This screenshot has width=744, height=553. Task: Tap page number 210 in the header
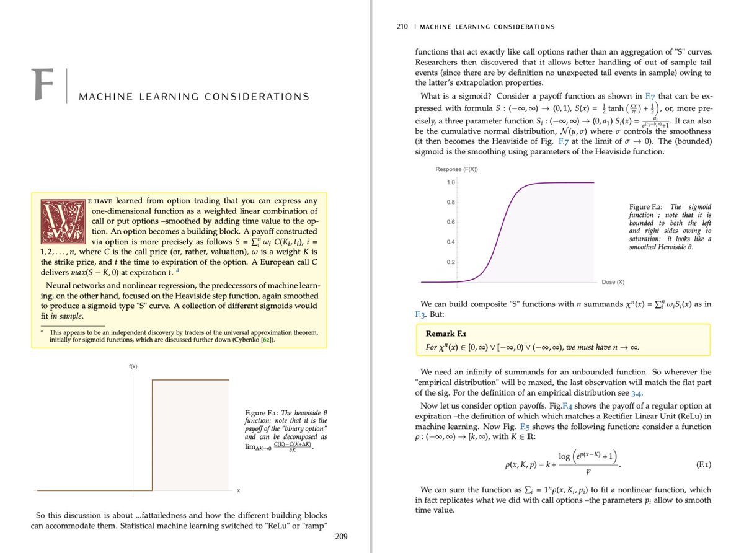[x=402, y=27]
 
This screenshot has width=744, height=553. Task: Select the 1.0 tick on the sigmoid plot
[x=451, y=182]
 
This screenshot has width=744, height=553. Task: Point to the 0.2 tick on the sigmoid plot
[x=451, y=262]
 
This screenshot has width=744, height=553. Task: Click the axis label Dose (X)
[x=613, y=282]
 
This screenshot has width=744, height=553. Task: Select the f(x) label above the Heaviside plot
[x=133, y=366]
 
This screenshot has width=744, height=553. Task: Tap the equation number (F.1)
[x=700, y=463]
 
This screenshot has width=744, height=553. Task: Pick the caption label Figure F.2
[x=649, y=206]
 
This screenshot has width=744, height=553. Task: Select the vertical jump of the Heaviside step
[x=153, y=434]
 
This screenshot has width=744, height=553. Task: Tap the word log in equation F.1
[x=565, y=456]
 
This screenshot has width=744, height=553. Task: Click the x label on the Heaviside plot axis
[x=239, y=493]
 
